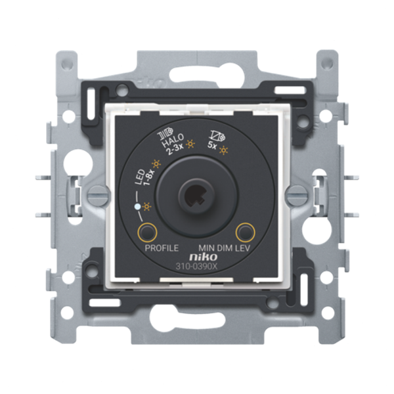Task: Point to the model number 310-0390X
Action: point(197,267)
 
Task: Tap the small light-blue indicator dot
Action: point(137,208)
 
